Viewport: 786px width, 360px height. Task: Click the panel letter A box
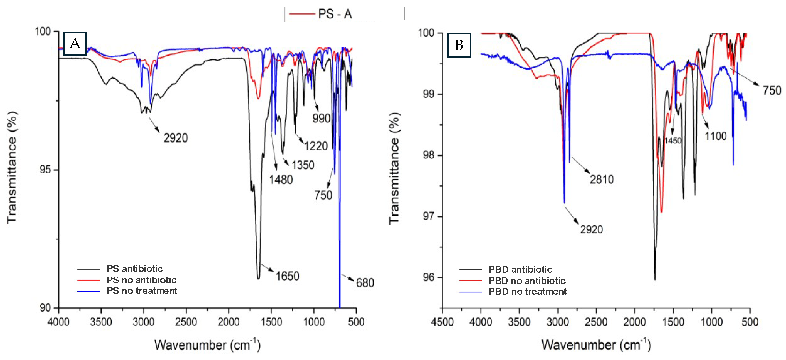pyautogui.click(x=75, y=44)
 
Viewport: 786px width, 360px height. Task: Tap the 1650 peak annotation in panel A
pyautogui.click(x=287, y=276)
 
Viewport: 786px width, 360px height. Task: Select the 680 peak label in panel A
pyautogui.click(x=365, y=283)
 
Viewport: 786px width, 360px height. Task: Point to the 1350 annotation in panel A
pyautogui.click(x=303, y=165)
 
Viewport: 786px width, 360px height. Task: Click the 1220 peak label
pyautogui.click(x=316, y=146)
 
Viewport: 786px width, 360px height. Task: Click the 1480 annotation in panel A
pyautogui.click(x=281, y=180)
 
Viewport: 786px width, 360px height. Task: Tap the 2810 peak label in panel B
pyautogui.click(x=601, y=179)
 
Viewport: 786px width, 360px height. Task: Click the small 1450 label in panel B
pyautogui.click(x=673, y=141)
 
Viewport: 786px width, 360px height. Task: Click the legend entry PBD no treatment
pyautogui.click(x=527, y=292)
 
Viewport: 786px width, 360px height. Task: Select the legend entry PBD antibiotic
pyautogui.click(x=520, y=269)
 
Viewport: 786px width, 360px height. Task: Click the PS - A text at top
pyautogui.click(x=335, y=14)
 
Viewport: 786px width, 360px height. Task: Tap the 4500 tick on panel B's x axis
pyautogui.click(x=442, y=322)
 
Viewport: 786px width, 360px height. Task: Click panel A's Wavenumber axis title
pyautogui.click(x=207, y=345)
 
